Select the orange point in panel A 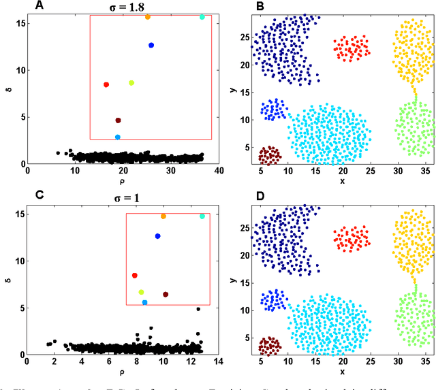click(x=148, y=16)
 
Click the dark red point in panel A click(x=118, y=120)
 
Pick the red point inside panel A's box click(x=106, y=84)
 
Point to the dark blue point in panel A click(x=151, y=46)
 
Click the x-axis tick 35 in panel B click(x=423, y=172)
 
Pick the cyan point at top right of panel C click(x=202, y=216)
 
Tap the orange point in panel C click(x=163, y=216)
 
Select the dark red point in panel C click(x=166, y=294)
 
